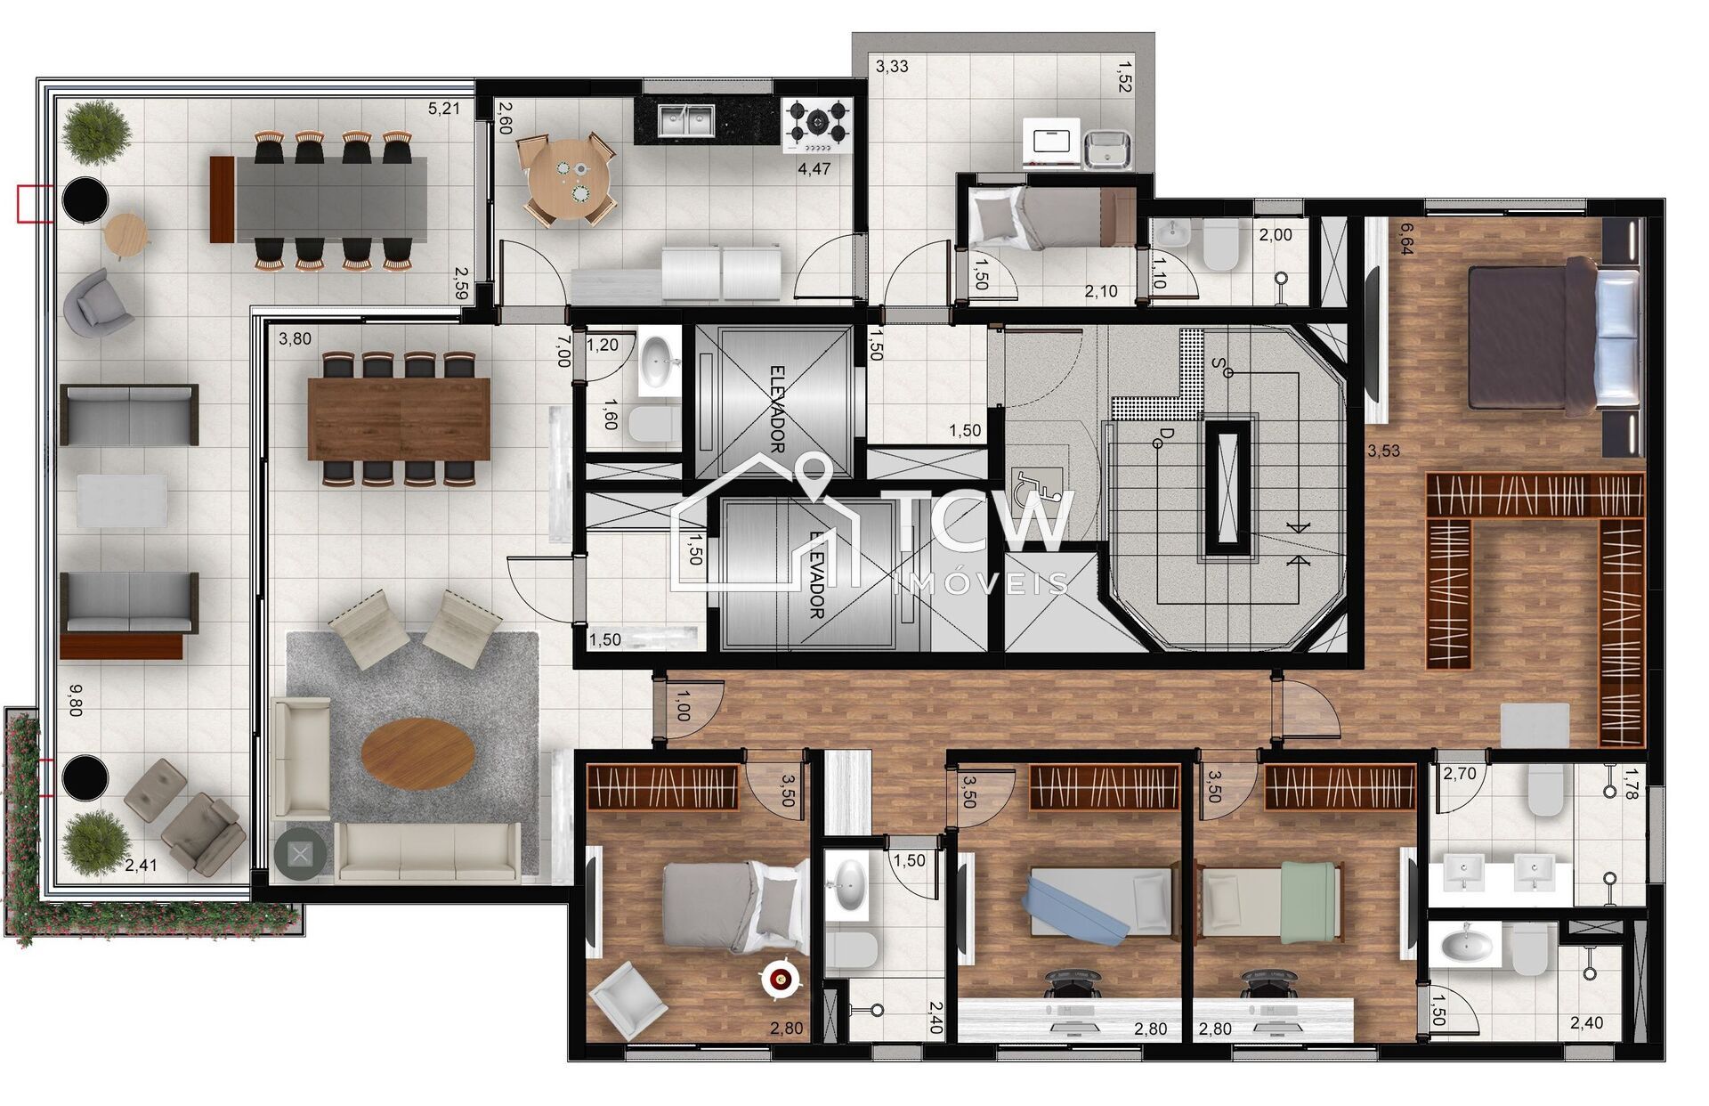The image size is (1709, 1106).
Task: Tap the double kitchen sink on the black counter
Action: pos(686,120)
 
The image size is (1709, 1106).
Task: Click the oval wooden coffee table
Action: pos(417,752)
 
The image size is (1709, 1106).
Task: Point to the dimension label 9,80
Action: pos(75,701)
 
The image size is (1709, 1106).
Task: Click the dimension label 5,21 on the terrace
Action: pos(444,110)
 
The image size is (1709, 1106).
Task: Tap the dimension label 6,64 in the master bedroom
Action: pos(1406,239)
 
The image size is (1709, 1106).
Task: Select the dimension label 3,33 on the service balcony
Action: pos(892,66)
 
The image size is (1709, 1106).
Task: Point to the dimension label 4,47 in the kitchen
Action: pos(814,169)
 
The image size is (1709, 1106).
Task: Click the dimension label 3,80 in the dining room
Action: pos(295,339)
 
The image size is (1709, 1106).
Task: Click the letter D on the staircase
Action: pos(1165,434)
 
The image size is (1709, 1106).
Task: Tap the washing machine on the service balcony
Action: pos(1052,142)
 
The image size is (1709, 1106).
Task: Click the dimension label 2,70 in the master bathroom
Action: pos(1460,774)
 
